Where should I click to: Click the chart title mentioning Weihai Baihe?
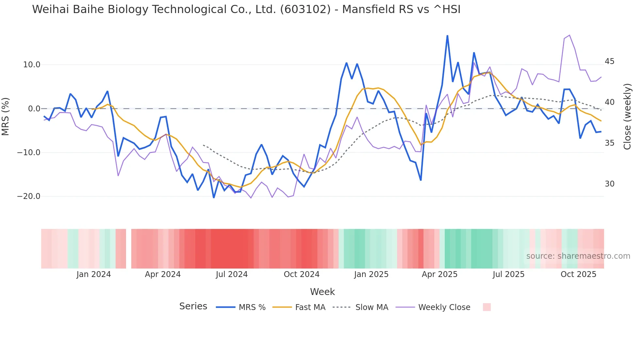pos(246,9)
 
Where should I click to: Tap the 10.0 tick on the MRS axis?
pos(31,65)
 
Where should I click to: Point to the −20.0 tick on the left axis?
pos(29,196)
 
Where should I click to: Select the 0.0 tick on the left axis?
pos(34,109)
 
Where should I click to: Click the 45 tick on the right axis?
pos(609,61)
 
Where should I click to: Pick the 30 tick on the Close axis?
pos(609,184)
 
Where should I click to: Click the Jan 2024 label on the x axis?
pos(94,274)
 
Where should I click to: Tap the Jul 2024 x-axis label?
pos(232,274)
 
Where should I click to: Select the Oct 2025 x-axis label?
pos(578,274)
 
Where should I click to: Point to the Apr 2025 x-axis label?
pos(440,274)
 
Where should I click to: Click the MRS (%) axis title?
pos(6,117)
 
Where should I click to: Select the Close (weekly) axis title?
pos(627,117)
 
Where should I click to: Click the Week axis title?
pos(322,292)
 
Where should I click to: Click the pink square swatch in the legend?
pos(487,307)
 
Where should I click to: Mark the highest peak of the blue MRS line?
pos(447,36)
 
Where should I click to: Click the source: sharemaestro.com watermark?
pos(578,256)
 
